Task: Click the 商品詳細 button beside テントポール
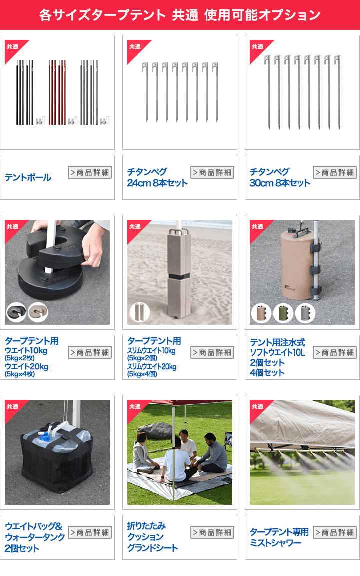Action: (x=90, y=173)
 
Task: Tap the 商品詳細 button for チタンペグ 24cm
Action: (x=212, y=173)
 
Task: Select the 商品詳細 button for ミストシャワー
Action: (x=335, y=532)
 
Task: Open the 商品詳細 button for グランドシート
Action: (x=212, y=532)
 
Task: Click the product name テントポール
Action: (x=28, y=177)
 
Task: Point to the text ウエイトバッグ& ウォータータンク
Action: (x=35, y=532)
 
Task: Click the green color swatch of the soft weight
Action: (x=283, y=313)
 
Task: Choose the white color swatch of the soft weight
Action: (x=305, y=313)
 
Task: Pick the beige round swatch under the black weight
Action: (x=38, y=313)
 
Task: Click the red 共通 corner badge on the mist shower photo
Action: (x=257, y=407)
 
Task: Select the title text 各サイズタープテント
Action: (x=102, y=15)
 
